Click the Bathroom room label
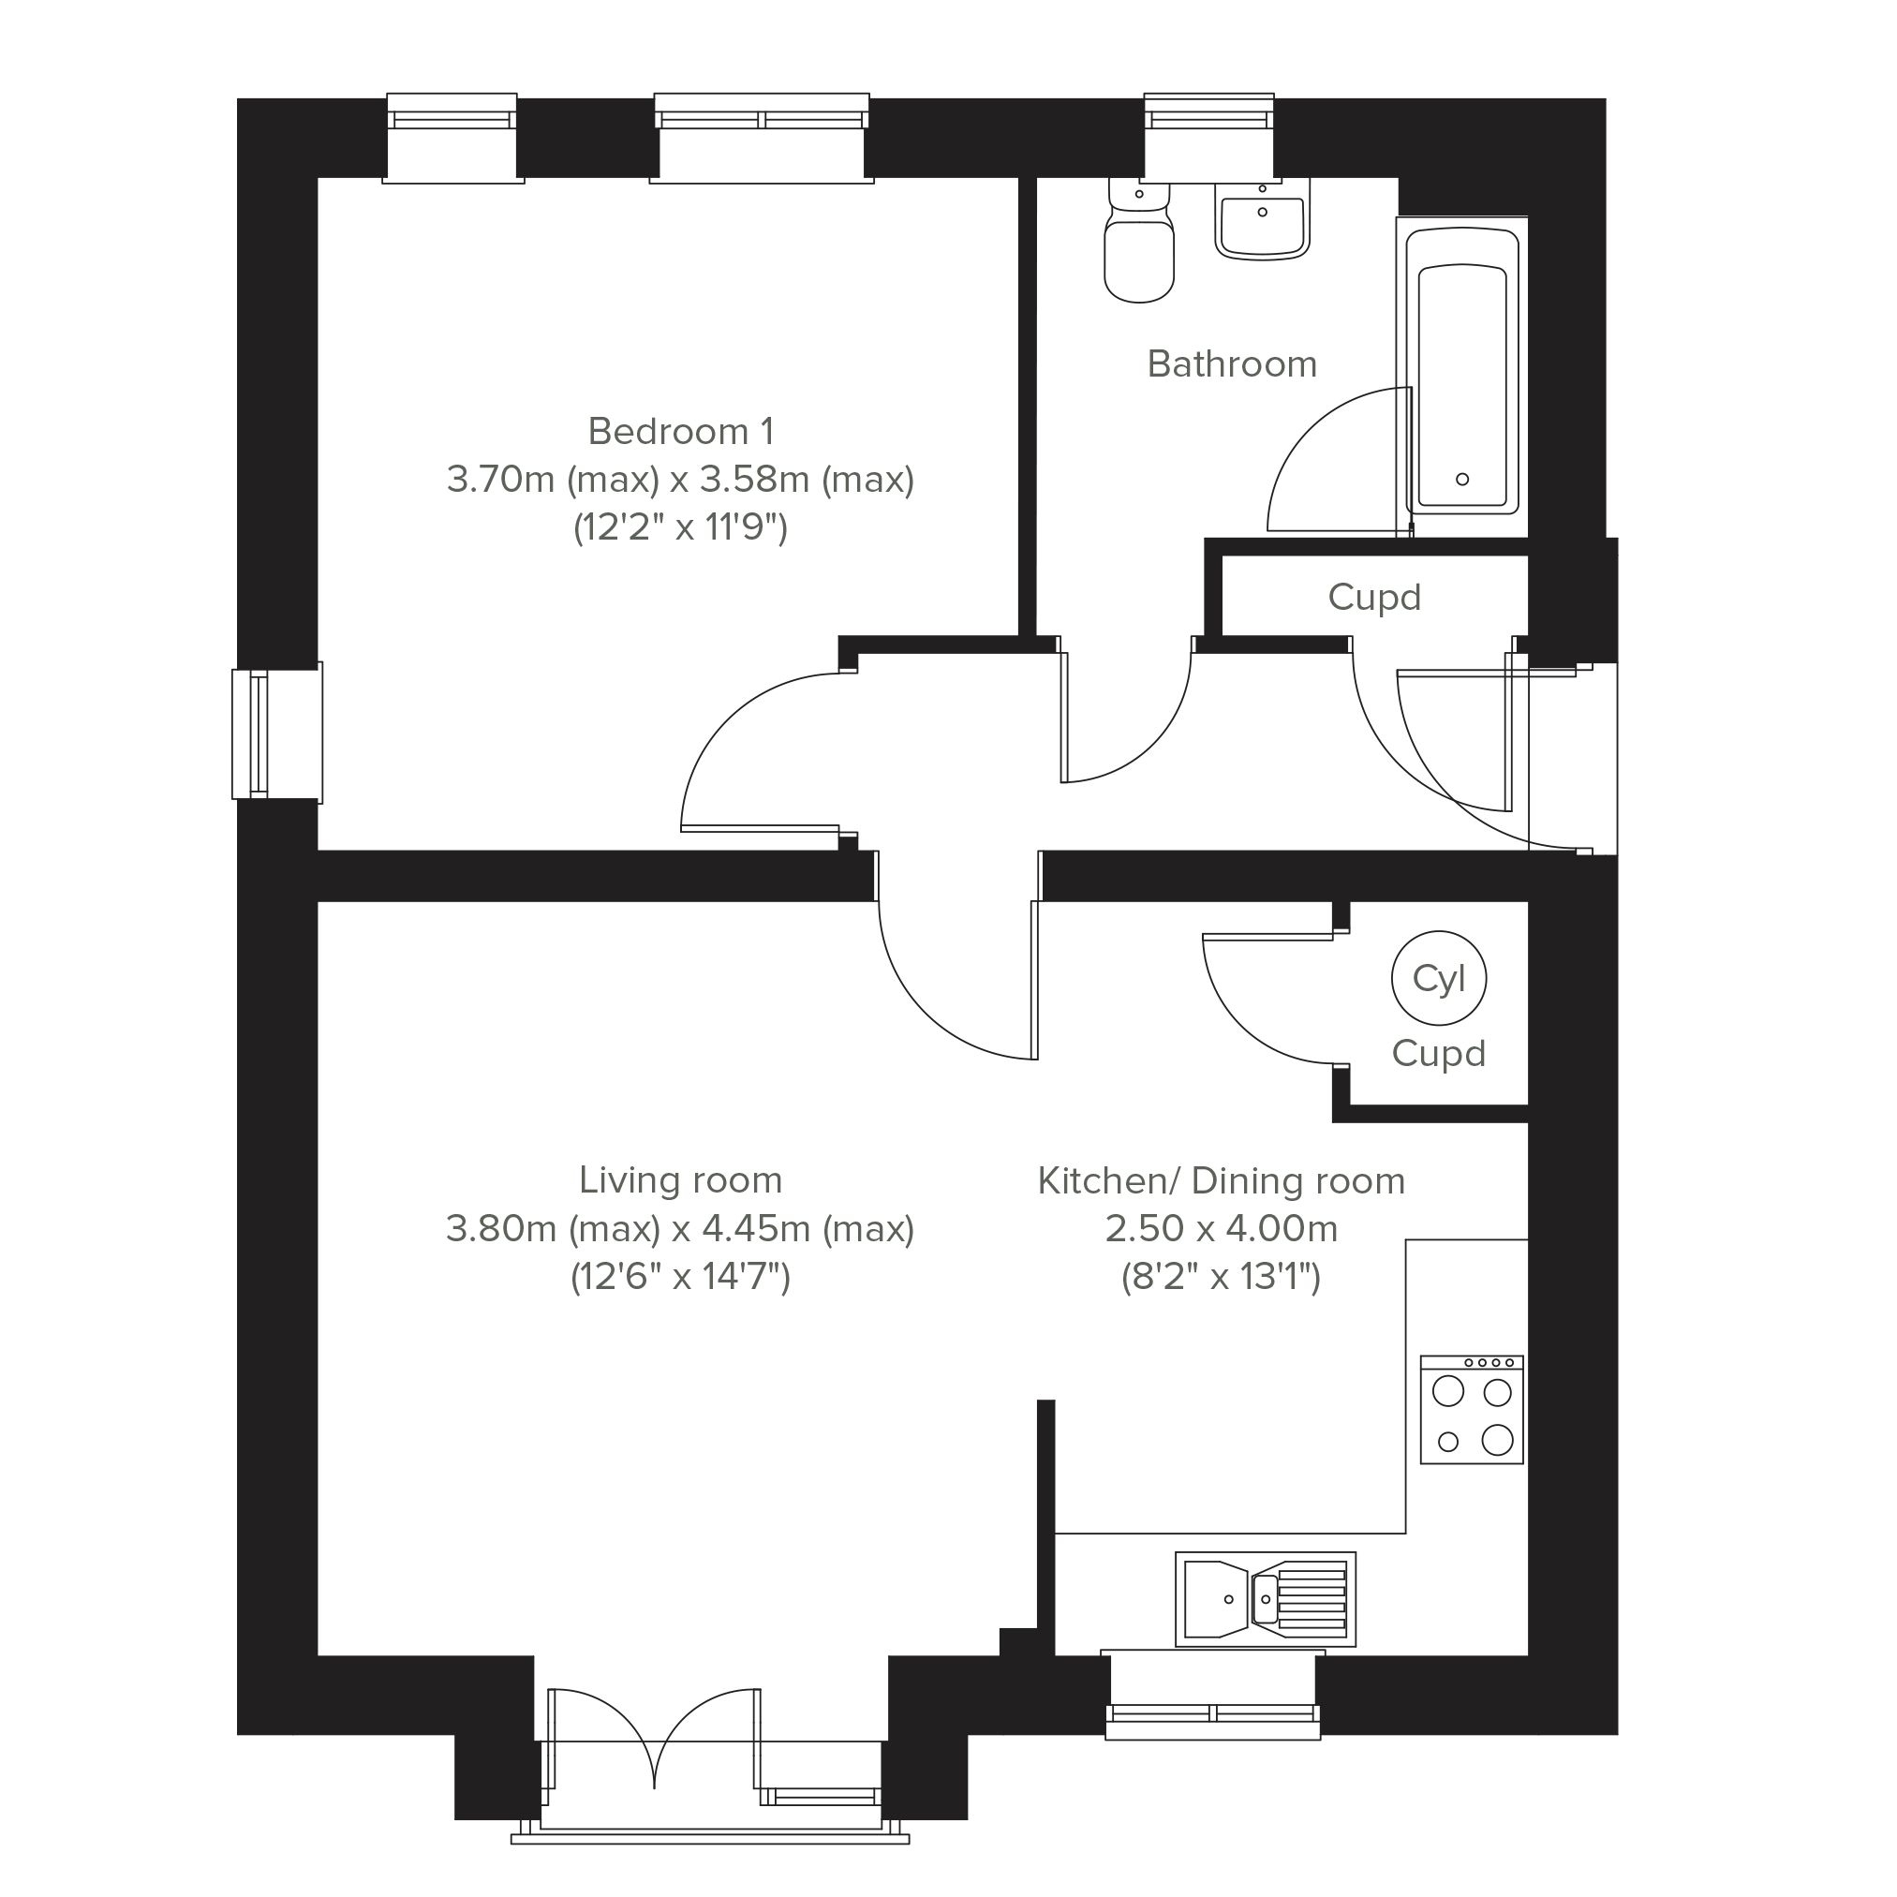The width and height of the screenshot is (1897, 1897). tap(1231, 364)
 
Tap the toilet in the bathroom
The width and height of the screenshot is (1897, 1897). tap(1139, 241)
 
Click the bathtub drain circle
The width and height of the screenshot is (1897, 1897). tap(1462, 479)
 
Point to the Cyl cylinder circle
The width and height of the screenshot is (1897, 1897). tap(1439, 978)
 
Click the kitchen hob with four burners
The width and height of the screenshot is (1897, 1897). tap(1471, 1410)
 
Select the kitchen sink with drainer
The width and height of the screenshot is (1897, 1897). tap(1266, 1598)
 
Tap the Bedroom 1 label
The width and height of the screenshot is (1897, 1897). tap(680, 431)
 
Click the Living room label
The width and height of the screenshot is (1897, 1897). tap(680, 1179)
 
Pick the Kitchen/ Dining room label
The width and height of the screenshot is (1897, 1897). tap(1222, 1180)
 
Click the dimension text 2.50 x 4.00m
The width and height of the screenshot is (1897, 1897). tap(1222, 1228)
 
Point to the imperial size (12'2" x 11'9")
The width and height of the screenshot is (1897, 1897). tap(680, 527)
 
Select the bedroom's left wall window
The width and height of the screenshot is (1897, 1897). tap(277, 734)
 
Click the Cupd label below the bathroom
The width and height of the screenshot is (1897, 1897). tap(1374, 597)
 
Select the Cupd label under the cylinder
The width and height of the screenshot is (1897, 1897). tap(1439, 1054)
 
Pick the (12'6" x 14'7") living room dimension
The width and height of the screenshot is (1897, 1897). tap(680, 1277)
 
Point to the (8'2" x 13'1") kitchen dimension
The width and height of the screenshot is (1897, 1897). tap(1222, 1277)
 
